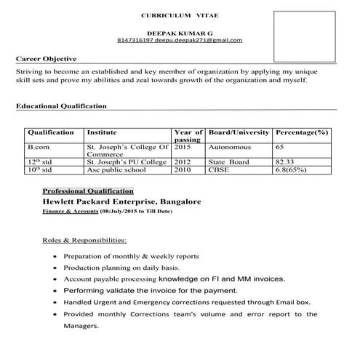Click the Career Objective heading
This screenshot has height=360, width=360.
click(46, 59)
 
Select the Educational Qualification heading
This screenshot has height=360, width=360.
click(61, 106)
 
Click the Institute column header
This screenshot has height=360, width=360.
click(102, 132)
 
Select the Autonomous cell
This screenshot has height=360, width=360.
click(230, 147)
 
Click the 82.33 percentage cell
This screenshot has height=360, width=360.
click(284, 162)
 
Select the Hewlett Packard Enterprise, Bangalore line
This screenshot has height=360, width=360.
click(121, 200)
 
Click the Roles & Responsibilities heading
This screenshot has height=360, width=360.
click(84, 239)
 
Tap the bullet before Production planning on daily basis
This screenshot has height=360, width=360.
click(57, 268)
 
